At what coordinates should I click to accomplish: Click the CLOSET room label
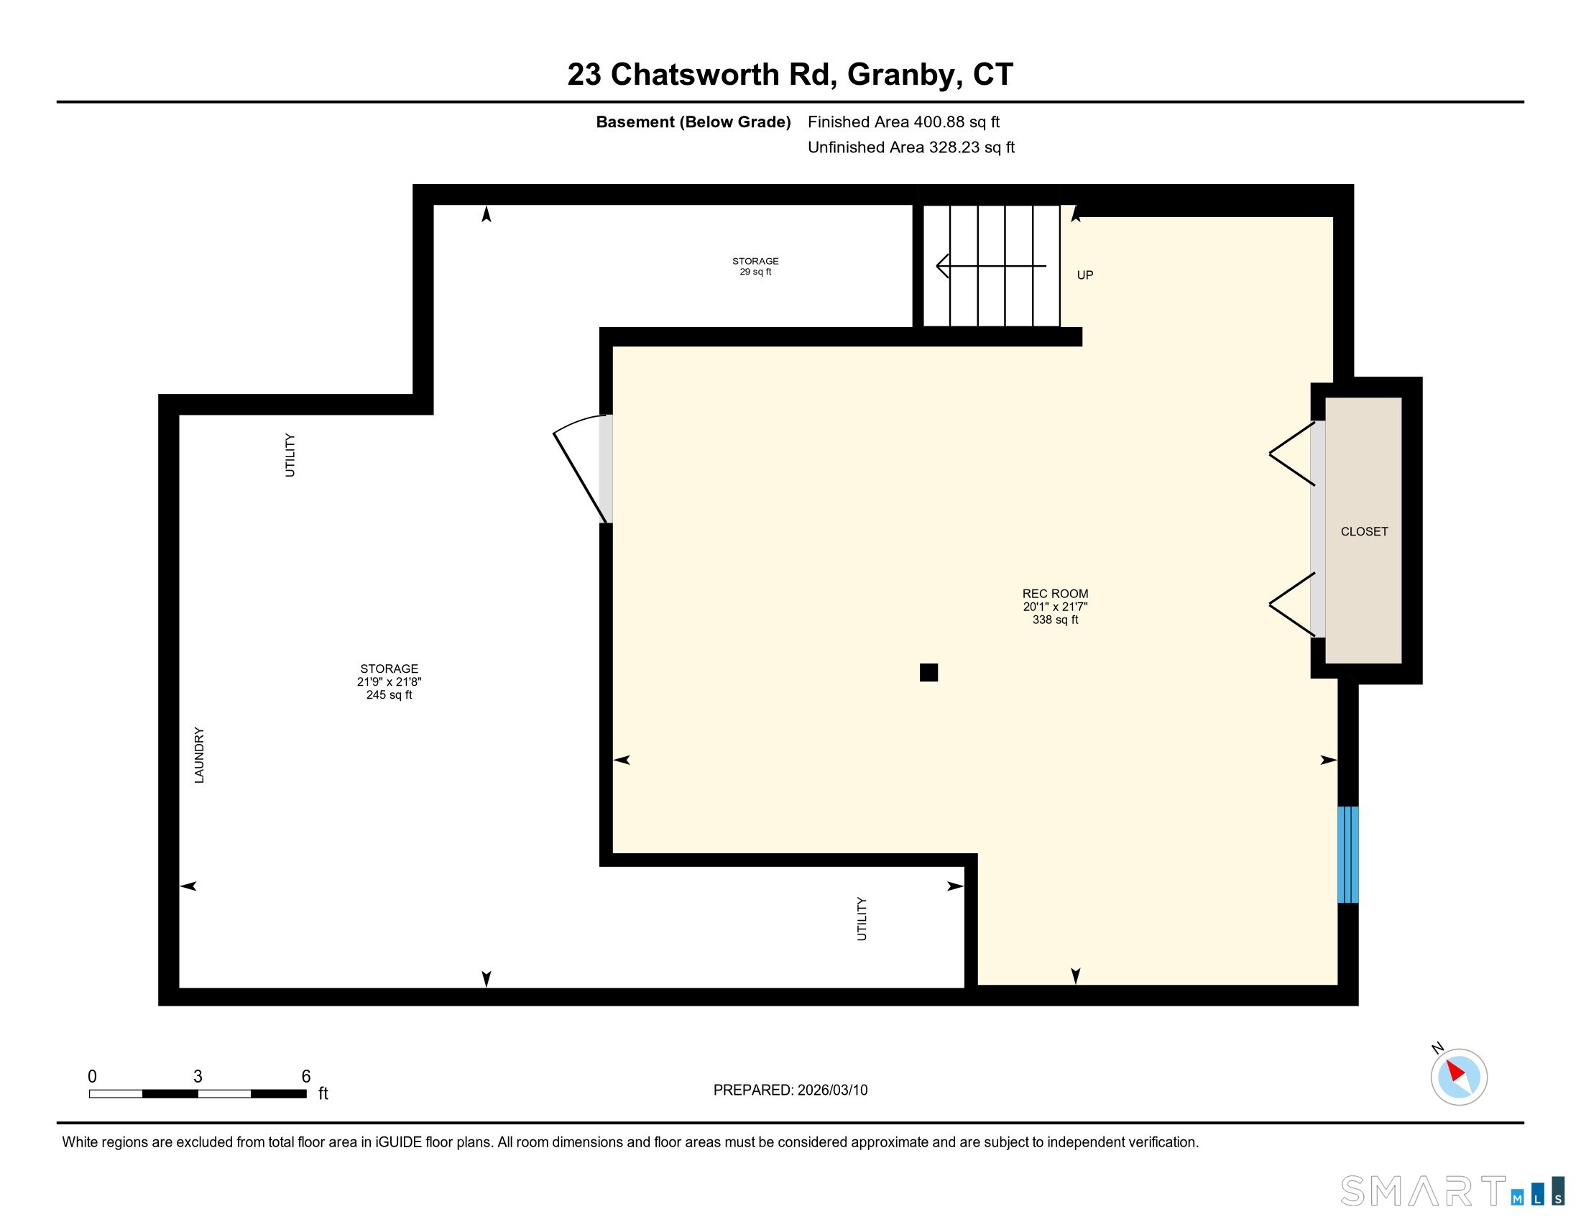point(1364,531)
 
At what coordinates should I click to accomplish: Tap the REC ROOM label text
point(1055,594)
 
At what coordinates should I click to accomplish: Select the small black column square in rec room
point(928,673)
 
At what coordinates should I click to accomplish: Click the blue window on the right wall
point(1347,854)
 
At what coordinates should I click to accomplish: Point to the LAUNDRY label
point(200,755)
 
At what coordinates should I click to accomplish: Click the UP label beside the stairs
point(1084,275)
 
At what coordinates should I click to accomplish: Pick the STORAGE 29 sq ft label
point(755,266)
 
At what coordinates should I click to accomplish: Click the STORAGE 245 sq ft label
point(389,681)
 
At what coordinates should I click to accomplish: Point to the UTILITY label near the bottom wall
point(862,919)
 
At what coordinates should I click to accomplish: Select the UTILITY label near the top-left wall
point(290,454)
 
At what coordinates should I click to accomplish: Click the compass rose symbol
point(1458,1077)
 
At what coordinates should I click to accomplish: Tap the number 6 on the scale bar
point(305,1076)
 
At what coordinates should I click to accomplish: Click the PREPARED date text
point(790,1090)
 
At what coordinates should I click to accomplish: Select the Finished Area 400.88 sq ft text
point(903,122)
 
